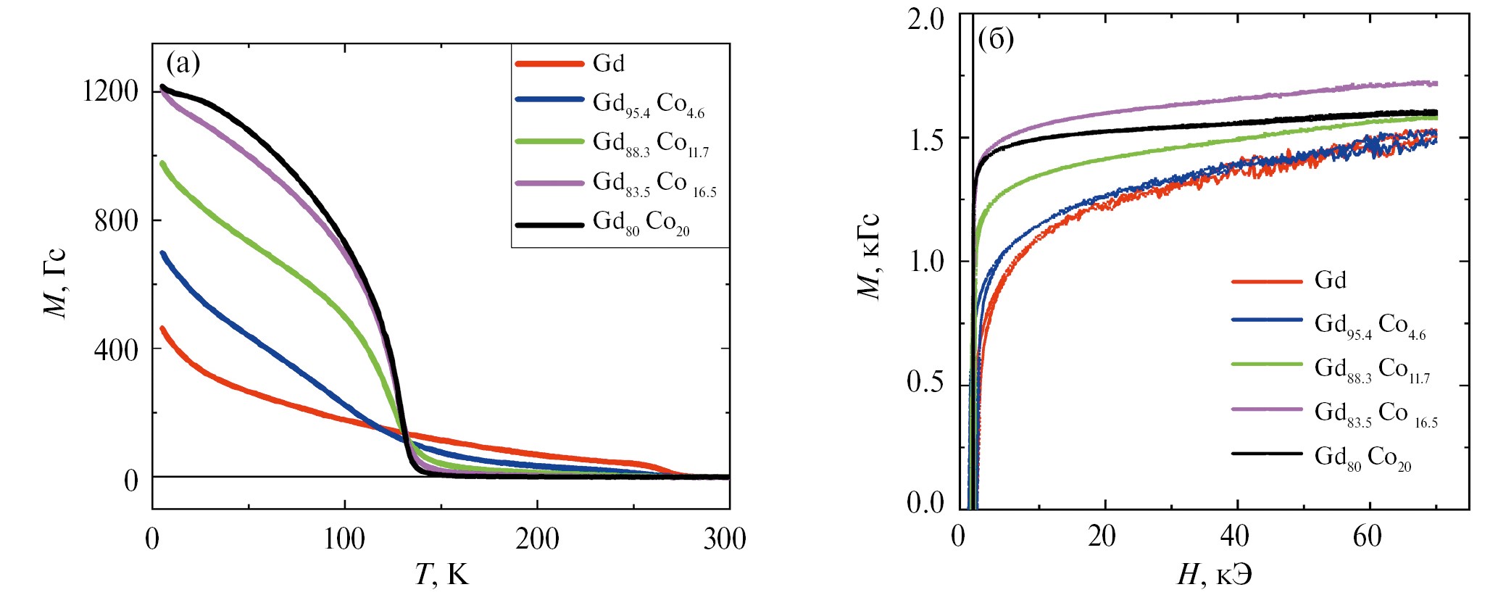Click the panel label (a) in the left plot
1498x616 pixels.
click(x=183, y=64)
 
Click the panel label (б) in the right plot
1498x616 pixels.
click(x=996, y=39)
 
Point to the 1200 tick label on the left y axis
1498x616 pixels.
click(x=110, y=91)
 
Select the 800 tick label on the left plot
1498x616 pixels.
click(x=116, y=220)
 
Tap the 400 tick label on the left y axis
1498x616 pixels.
click(x=116, y=349)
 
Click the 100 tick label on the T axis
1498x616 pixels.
click(x=344, y=539)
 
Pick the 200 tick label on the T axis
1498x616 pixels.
click(x=537, y=539)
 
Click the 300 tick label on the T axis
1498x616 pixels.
click(x=725, y=539)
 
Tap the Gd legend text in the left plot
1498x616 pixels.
click(x=609, y=64)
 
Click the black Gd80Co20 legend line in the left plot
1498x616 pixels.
click(x=549, y=225)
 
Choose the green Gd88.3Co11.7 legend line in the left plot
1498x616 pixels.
click(x=549, y=141)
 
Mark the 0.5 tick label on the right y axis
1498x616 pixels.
click(x=925, y=382)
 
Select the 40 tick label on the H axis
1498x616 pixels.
click(x=1234, y=537)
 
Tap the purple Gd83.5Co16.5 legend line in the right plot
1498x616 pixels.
click(x=1267, y=409)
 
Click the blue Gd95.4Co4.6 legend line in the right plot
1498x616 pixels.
click(x=1267, y=320)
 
